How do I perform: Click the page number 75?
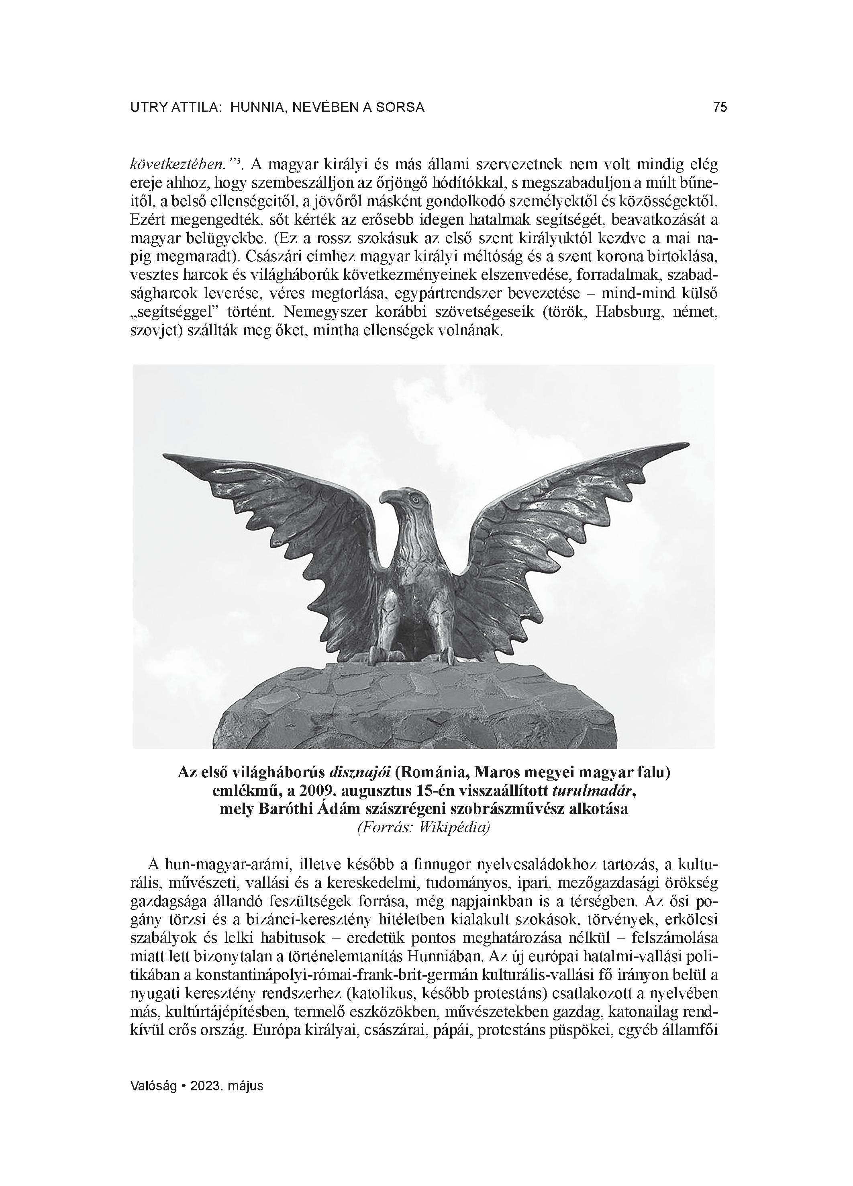(719, 108)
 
